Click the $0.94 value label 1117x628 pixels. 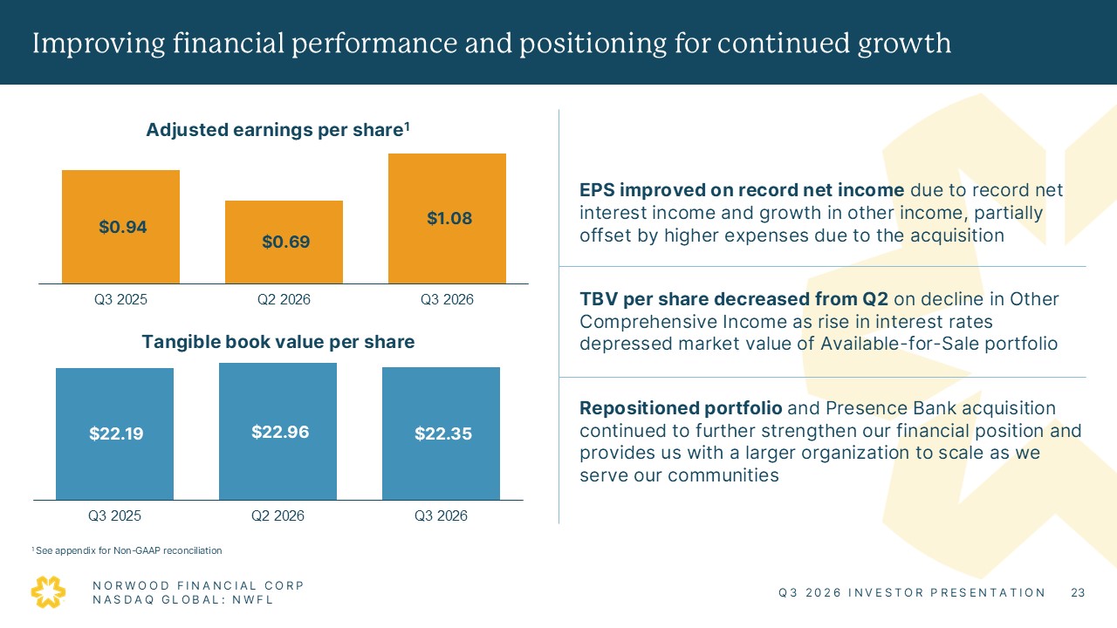[123, 228]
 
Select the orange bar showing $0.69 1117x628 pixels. [284, 242]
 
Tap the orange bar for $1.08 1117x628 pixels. [447, 219]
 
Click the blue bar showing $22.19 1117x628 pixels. [114, 434]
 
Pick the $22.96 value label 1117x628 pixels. [280, 432]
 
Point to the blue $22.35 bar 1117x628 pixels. [441, 433]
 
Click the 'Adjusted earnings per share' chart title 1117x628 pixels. [278, 130]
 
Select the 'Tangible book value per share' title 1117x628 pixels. [278, 342]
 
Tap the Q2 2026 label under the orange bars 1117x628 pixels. [284, 299]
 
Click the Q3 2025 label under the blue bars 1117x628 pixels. [114, 515]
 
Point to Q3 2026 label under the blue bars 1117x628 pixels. [441, 515]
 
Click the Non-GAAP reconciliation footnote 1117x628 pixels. [127, 550]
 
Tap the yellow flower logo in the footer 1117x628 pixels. [48, 592]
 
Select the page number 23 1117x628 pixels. [1078, 592]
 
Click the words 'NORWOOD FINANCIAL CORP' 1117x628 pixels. [198, 585]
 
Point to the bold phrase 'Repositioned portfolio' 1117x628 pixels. [681, 408]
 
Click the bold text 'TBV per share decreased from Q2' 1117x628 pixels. [734, 299]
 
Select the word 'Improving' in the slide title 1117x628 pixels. [99, 44]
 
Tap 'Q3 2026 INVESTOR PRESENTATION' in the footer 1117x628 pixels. [912, 592]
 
